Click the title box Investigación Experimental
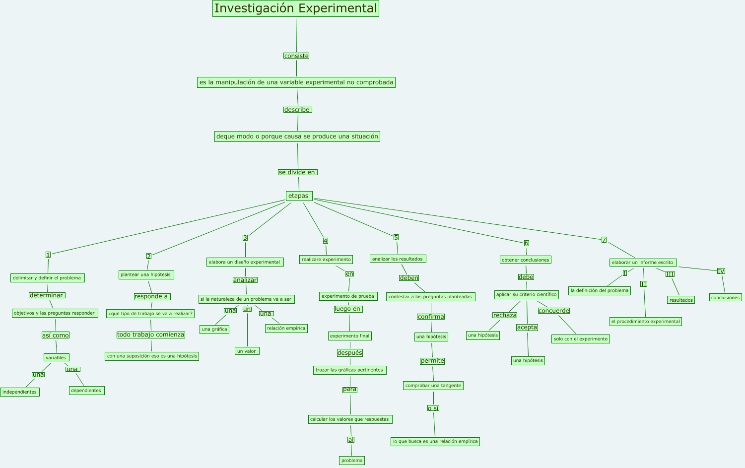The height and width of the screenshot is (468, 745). (x=296, y=8)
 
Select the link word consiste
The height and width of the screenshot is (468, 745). (x=296, y=56)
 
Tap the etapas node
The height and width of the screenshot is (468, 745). (x=299, y=196)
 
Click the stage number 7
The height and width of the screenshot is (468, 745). (x=604, y=240)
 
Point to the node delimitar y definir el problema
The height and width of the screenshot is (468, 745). (x=47, y=278)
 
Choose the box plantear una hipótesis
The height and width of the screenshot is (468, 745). (x=146, y=275)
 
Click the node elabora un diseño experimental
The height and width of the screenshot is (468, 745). (x=245, y=262)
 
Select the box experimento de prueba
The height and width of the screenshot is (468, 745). (x=348, y=296)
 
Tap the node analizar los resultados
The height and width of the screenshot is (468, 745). (x=398, y=259)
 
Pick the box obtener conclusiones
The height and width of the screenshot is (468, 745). (x=526, y=260)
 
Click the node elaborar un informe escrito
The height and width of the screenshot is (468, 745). (x=643, y=263)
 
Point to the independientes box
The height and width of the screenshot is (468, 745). (x=20, y=392)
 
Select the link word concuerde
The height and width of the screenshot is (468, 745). (x=554, y=311)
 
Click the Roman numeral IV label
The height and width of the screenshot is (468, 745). (x=721, y=271)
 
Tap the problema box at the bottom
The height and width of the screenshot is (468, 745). (x=352, y=461)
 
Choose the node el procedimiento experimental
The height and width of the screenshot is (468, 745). (x=646, y=322)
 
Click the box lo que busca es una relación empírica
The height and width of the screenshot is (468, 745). (x=435, y=441)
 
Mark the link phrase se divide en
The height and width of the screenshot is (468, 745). (x=297, y=172)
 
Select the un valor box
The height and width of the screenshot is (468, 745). (x=247, y=351)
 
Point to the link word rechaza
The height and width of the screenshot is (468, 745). (x=505, y=315)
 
